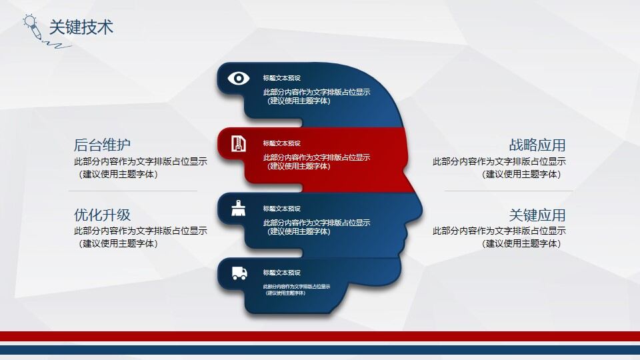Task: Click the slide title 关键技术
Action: point(81,27)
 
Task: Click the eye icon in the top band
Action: point(238,78)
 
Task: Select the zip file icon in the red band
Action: point(238,143)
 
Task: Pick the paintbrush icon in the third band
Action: point(238,209)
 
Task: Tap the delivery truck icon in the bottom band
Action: point(239,273)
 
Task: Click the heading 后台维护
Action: point(102,145)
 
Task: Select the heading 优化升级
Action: point(102,215)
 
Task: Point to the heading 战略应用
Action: point(537,145)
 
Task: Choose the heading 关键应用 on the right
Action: point(537,215)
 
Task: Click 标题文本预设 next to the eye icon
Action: point(282,78)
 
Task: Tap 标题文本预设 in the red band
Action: point(282,143)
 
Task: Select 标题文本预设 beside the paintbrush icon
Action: point(282,209)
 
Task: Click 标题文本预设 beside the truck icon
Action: point(282,273)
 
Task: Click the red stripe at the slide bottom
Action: point(320,336)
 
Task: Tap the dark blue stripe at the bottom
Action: point(320,349)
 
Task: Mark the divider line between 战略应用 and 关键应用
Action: point(508,191)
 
